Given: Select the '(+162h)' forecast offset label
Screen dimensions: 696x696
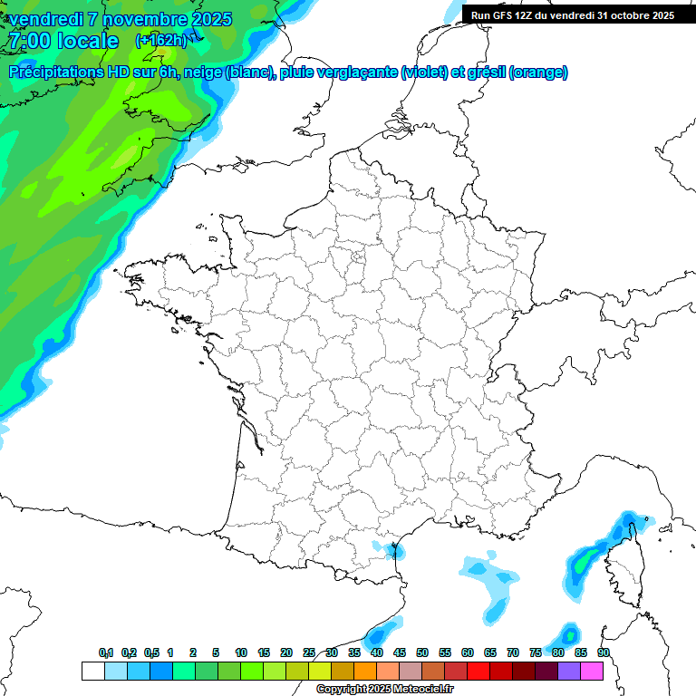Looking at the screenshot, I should (x=160, y=40).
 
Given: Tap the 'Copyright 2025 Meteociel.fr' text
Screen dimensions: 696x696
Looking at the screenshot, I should (x=384, y=690).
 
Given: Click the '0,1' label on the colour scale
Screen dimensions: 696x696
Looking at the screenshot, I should (x=106, y=653).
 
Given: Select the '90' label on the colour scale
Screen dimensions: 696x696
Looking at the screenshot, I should (x=603, y=653).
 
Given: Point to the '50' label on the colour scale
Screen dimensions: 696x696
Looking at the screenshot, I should (x=422, y=653).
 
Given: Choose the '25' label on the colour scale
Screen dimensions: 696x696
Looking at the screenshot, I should (x=309, y=653).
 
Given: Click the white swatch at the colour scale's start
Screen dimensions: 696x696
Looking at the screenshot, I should (x=92, y=671).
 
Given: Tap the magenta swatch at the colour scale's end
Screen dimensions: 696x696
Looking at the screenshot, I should (x=592, y=671).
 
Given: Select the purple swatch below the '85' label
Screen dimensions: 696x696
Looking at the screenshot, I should (x=569, y=671).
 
